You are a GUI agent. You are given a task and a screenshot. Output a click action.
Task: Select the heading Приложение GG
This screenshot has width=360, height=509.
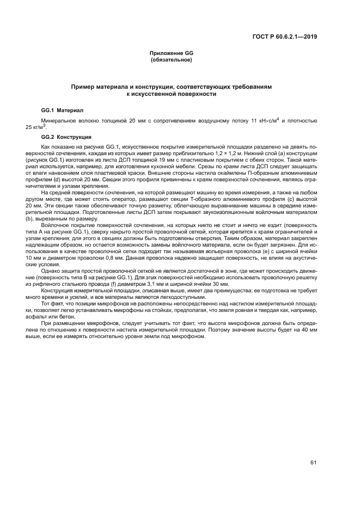tap(172, 53)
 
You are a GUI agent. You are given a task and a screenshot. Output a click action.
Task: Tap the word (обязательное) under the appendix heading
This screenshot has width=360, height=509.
tap(172, 59)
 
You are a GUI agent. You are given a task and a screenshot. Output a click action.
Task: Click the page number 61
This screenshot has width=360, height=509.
tap(314, 463)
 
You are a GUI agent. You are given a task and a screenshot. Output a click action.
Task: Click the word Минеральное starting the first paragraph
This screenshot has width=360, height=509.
tap(57, 119)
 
